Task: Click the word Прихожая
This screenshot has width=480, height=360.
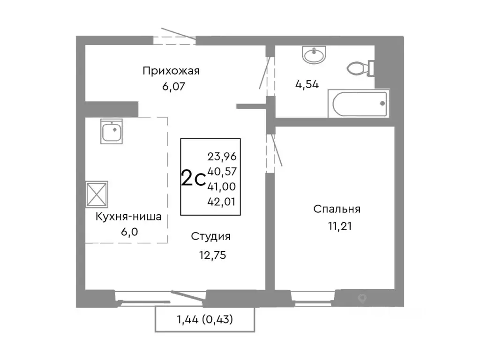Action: point(171,71)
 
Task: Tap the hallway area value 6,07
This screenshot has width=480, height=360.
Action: point(171,87)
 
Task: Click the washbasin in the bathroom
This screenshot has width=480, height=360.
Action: point(313,55)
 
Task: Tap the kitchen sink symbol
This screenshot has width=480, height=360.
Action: point(112,131)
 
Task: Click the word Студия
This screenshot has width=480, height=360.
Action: point(210,237)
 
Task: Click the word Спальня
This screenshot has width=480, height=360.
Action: point(337,209)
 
